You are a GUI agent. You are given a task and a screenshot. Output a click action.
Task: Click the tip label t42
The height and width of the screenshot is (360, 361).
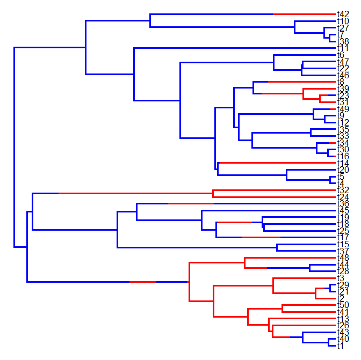343,14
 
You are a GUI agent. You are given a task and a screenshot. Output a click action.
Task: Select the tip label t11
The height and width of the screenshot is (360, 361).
343,48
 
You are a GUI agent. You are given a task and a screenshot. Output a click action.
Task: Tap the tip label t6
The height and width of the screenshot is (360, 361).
341,55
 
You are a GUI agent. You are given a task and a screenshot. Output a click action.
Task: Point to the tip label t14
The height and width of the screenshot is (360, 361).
343,163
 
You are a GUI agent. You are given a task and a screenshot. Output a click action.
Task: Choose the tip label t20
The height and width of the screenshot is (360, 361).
343,170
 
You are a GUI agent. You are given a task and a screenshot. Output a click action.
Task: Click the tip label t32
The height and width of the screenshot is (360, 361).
343,190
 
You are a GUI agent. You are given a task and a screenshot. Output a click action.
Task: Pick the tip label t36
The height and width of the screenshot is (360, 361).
343,204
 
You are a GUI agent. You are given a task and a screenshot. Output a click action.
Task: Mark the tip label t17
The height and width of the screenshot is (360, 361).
343,237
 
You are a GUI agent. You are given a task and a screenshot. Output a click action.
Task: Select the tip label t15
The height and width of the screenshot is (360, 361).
343,245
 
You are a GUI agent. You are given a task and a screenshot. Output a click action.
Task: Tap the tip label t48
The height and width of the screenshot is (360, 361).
343,258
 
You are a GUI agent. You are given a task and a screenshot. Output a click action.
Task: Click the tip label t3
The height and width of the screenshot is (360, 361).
341,278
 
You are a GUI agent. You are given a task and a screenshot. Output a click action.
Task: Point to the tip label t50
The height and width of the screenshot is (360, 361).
343,305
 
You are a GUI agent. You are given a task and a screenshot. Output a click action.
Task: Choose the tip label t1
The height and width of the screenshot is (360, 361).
341,347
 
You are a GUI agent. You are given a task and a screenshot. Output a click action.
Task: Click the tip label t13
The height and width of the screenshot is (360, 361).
343,319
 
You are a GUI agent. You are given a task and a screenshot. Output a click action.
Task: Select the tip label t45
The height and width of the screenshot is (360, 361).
343,211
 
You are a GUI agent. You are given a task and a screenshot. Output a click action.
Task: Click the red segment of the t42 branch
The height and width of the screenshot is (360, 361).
304,14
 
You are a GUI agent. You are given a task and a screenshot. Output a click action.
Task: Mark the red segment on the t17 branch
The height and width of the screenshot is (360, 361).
261,237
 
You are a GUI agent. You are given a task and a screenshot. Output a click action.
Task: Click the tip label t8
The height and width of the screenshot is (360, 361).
341,82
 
